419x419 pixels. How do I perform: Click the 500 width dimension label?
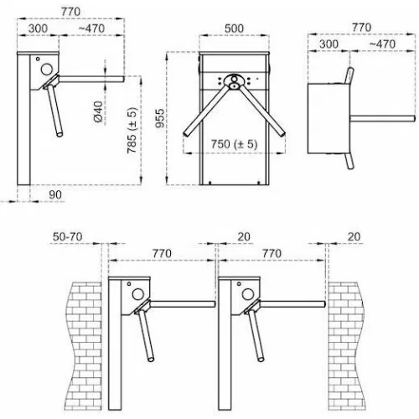(x=234, y=28)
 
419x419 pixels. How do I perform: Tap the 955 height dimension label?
(x=160, y=118)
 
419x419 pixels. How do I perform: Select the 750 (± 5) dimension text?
(x=234, y=144)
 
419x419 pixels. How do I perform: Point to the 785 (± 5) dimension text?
(x=132, y=130)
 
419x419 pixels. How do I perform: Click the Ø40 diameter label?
(x=98, y=111)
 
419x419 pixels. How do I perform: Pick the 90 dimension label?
(x=55, y=194)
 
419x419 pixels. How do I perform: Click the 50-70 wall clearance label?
(x=68, y=237)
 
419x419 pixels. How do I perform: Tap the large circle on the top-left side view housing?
(x=47, y=70)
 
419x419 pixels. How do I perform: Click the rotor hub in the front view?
(x=234, y=81)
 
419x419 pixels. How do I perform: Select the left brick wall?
(x=84, y=346)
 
